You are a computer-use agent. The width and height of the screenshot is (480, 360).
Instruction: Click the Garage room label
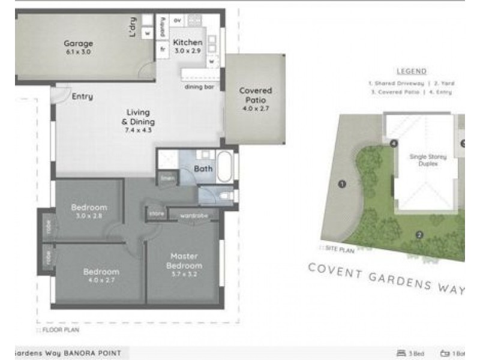(x=79, y=47)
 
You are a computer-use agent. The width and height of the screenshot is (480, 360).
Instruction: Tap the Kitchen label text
(x=188, y=46)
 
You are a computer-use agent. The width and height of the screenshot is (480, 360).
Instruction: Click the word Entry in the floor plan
(x=82, y=96)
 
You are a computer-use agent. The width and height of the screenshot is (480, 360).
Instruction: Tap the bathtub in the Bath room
(x=226, y=168)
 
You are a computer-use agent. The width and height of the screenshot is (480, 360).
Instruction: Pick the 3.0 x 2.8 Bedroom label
(x=89, y=211)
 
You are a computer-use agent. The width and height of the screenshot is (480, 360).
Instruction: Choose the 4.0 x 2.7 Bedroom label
(x=101, y=275)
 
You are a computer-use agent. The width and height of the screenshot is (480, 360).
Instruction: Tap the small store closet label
(x=156, y=213)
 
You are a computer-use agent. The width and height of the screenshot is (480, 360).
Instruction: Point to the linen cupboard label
(x=167, y=179)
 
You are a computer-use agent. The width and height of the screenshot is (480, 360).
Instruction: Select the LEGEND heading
(x=411, y=71)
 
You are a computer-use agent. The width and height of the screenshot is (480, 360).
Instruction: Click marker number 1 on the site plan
(x=342, y=184)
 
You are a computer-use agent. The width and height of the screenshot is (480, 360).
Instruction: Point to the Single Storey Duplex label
(x=425, y=160)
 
